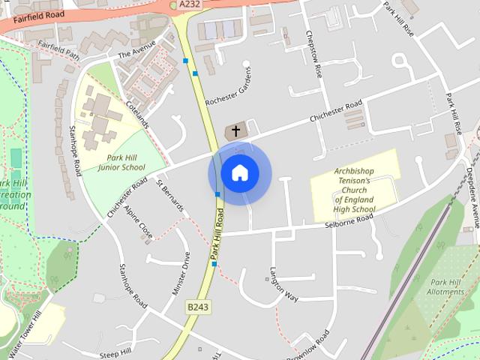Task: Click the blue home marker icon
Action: pos(240,173)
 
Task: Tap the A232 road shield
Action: pos(190,4)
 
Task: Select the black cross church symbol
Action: pos(236,131)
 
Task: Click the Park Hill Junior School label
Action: pos(121,163)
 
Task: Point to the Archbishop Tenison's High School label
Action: pos(354,190)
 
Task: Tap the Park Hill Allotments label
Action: pos(445,286)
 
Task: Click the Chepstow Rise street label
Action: pos(313,55)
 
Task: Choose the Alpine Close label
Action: pos(139,221)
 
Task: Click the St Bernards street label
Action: pos(169,193)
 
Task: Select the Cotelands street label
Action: pos(138,114)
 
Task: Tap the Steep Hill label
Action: pos(115,352)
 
